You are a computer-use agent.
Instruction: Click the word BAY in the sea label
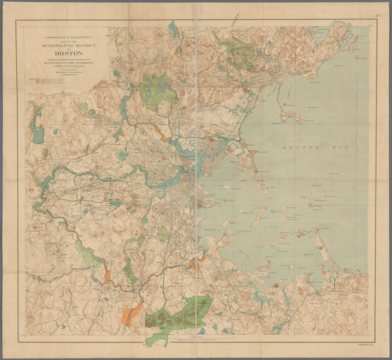(339, 148)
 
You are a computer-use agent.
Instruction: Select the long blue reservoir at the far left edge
(37, 126)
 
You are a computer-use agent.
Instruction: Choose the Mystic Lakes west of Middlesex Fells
(123, 106)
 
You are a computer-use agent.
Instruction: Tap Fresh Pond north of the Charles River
(123, 155)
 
